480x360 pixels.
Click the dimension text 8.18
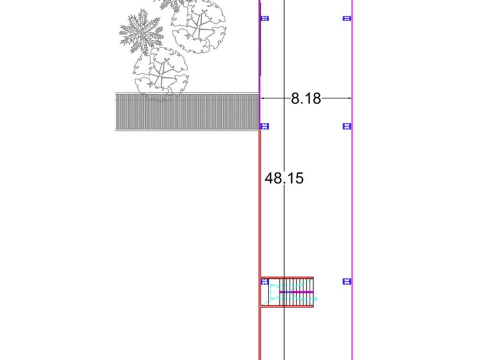pyautogui.click(x=306, y=98)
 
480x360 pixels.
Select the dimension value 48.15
pyautogui.click(x=284, y=178)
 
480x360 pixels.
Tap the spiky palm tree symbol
pyautogui.click(x=141, y=31)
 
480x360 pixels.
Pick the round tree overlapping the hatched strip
pyautogui.click(x=161, y=74)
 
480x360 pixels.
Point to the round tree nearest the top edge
pyautogui.click(x=199, y=27)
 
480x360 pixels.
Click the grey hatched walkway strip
pyautogui.click(x=187, y=111)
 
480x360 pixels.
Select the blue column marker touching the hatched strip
pyautogui.click(x=265, y=126)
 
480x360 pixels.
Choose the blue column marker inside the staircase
pyautogui.click(x=265, y=281)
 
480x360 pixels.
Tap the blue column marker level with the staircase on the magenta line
pyautogui.click(x=346, y=281)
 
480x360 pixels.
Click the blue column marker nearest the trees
pyautogui.click(x=265, y=18)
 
